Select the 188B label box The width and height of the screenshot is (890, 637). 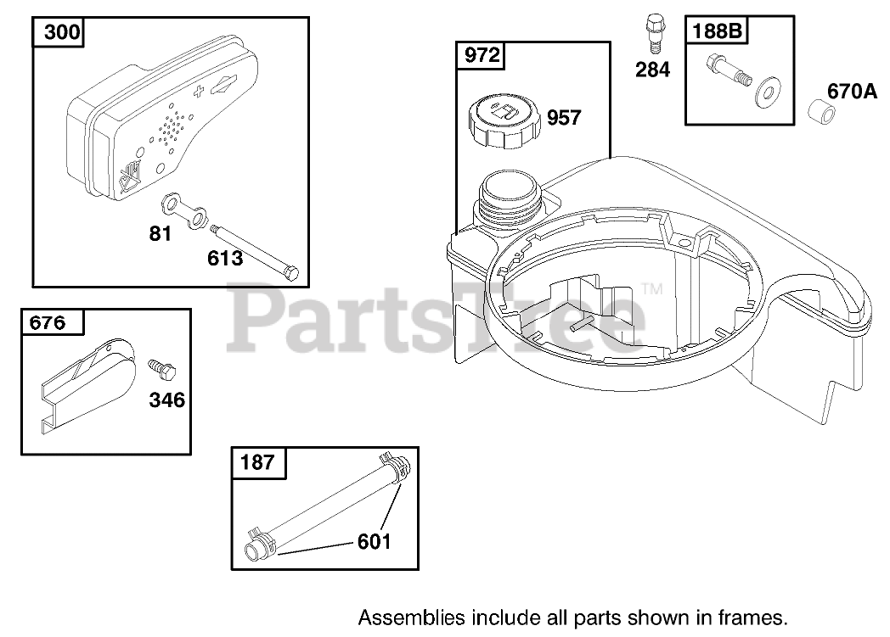pyautogui.click(x=718, y=31)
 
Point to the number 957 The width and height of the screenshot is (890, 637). pyautogui.click(x=564, y=117)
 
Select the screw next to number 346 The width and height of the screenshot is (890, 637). pyautogui.click(x=161, y=369)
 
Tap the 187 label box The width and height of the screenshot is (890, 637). pyautogui.click(x=258, y=461)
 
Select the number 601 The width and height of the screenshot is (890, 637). pyautogui.click(x=374, y=539)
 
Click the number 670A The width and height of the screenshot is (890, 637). pyautogui.click(x=852, y=92)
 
